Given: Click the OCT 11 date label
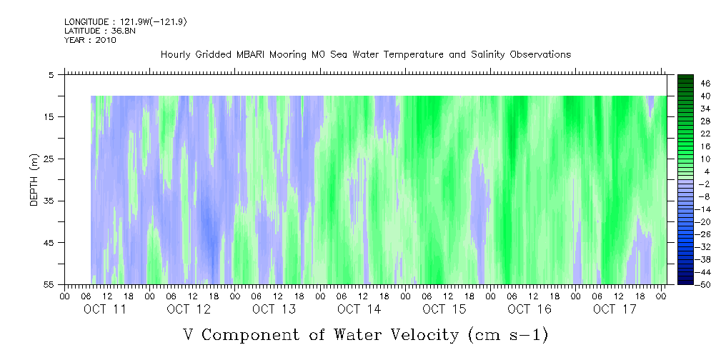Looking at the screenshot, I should tap(104, 309).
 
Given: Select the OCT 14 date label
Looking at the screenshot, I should tap(359, 309).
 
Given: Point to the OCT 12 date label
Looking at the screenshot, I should tap(189, 309).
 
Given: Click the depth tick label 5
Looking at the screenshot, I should tap(51, 74).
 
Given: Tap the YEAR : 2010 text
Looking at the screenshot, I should tap(90, 40).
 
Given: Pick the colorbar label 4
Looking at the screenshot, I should tap(704, 171).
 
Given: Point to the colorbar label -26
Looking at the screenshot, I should tap(705, 235).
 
